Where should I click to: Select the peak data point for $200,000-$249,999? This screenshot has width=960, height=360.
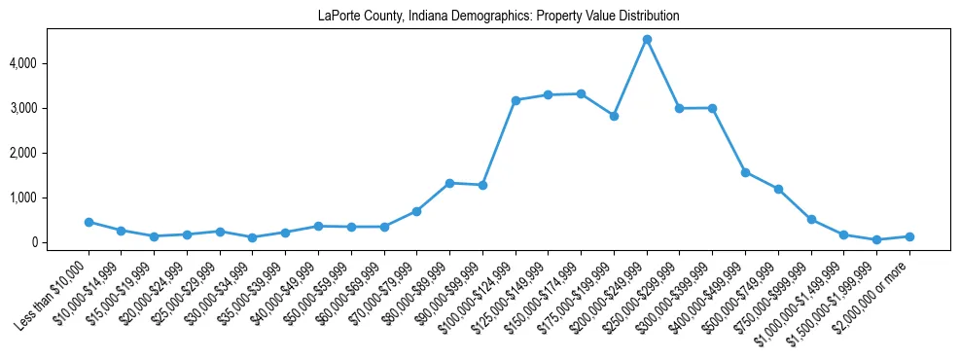pyautogui.click(x=647, y=40)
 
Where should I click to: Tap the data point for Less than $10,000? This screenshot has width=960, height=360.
pyautogui.click(x=89, y=222)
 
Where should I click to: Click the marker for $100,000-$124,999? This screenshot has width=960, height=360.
pyautogui.click(x=516, y=100)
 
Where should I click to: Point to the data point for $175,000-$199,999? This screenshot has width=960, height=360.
pyautogui.click(x=614, y=116)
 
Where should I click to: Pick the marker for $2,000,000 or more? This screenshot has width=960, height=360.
pyautogui.click(x=909, y=236)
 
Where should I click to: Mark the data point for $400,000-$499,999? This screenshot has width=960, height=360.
pyautogui.click(x=745, y=172)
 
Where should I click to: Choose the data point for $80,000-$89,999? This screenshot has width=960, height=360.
pyautogui.click(x=449, y=183)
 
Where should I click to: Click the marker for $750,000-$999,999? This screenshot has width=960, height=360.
pyautogui.click(x=811, y=220)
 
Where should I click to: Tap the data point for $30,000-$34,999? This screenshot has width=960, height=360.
pyautogui.click(x=253, y=237)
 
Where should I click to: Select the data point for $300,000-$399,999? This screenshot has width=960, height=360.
pyautogui.click(x=712, y=108)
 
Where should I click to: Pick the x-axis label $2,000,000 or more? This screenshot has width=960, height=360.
pyautogui.click(x=875, y=288)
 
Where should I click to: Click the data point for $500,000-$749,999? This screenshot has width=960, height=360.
pyautogui.click(x=778, y=189)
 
